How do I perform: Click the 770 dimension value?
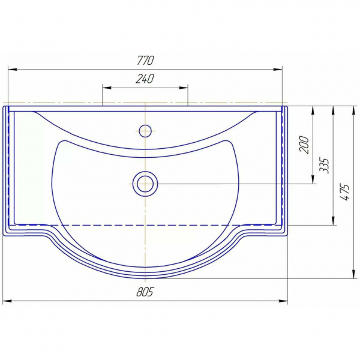[145, 61]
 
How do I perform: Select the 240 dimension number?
[145, 79]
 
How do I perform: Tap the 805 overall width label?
[145, 292]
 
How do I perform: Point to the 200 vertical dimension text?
[304, 145]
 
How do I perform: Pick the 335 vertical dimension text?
[325, 166]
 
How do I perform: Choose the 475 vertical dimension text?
[345, 192]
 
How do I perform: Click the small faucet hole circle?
[145, 131]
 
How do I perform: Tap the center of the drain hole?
[145, 184]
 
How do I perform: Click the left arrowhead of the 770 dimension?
[13, 69]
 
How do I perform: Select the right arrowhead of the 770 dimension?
[277, 69]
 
